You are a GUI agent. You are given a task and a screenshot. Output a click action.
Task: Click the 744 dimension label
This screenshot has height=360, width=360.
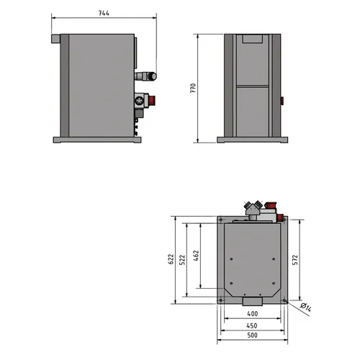(104, 13)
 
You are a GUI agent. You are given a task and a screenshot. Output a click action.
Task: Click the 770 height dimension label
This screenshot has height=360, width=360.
(193, 88)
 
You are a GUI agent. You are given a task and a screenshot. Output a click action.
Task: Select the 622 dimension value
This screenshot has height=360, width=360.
(171, 259)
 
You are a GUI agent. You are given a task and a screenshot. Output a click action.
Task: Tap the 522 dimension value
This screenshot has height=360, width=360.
(182, 260)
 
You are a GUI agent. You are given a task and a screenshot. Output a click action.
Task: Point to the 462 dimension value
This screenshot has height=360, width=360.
(196, 256)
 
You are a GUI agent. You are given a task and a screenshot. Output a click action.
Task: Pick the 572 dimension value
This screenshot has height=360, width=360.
(295, 260)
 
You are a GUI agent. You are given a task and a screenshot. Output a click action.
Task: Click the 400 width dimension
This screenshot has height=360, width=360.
(253, 314)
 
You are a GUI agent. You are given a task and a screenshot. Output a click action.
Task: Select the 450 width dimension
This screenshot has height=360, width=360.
(252, 325)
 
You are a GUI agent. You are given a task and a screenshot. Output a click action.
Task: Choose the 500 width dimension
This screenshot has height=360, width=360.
(252, 335)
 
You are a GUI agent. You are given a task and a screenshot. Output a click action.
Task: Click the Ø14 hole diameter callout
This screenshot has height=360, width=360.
(306, 307)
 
